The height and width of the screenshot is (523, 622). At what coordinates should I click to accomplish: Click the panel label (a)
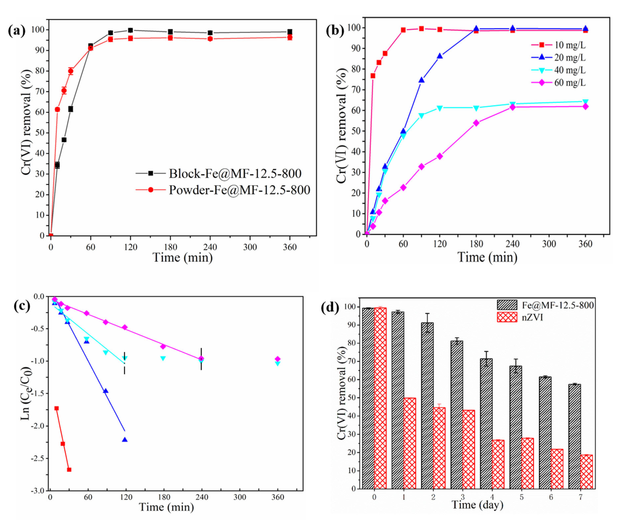(17, 31)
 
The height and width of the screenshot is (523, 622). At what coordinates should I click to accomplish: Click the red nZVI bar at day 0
(380, 397)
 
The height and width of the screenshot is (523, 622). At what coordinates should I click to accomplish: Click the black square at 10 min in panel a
(57, 165)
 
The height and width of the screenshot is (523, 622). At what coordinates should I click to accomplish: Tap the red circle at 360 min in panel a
(290, 37)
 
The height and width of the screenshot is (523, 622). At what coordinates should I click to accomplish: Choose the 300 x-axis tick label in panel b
(549, 244)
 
